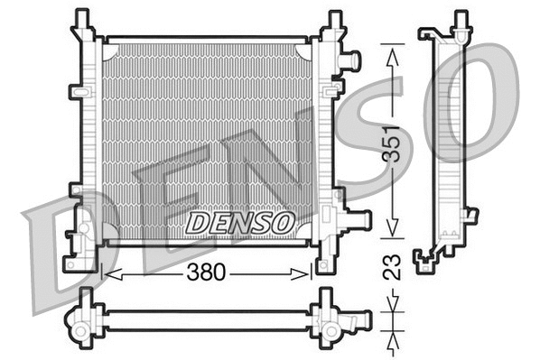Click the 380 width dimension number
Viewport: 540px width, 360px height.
click(x=206, y=272)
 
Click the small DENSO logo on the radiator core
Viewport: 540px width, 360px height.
click(x=239, y=220)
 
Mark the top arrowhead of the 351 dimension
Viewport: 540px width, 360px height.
click(x=391, y=53)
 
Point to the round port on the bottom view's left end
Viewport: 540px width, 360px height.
click(x=82, y=331)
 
